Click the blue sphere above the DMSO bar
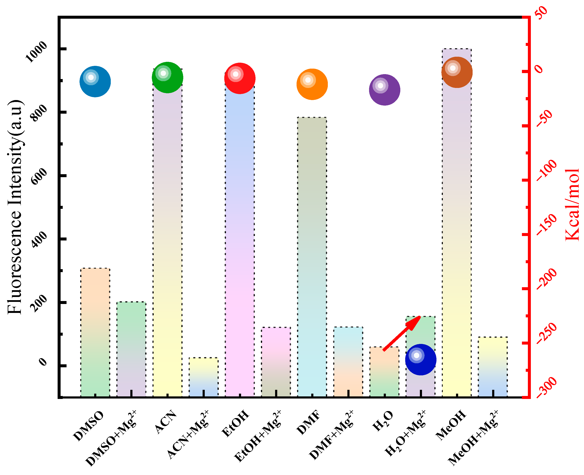click(95, 82)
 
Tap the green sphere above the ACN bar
click(167, 78)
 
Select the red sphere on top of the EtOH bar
click(240, 78)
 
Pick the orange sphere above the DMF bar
click(312, 84)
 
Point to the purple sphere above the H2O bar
click(384, 90)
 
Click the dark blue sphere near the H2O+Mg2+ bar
click(421, 359)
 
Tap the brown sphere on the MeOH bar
click(457, 72)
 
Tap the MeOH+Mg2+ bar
click(493, 367)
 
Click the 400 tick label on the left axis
click(39, 239)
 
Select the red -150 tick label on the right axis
click(547, 224)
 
